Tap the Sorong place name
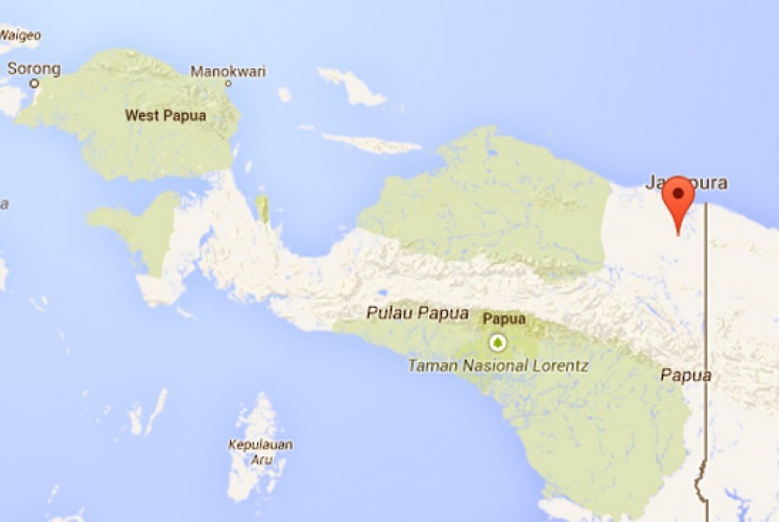(34, 69)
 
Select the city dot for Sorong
(35, 84)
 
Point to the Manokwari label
(228, 71)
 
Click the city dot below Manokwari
(228, 84)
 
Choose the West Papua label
(165, 115)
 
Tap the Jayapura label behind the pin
(687, 183)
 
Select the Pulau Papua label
(418, 314)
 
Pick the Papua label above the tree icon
(504, 319)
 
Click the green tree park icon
(497, 343)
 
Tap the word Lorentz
(557, 366)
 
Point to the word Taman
(428, 366)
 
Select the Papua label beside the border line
(685, 375)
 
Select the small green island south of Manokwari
(264, 209)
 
